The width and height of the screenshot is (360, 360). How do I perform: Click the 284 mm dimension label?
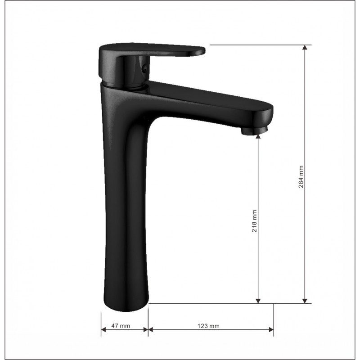[x=301, y=176]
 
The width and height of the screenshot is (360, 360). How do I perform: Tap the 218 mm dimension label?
[x=254, y=221]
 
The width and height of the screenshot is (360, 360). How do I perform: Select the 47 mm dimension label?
[x=121, y=326]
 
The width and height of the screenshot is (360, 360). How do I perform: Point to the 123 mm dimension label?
[x=208, y=326]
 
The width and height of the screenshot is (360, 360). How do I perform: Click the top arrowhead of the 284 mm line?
[x=305, y=47]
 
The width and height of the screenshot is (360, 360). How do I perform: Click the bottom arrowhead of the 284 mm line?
[x=305, y=301]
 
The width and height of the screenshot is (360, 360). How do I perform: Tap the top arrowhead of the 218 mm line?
[x=258, y=136]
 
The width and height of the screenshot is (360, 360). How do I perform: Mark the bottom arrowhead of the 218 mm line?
[x=258, y=301]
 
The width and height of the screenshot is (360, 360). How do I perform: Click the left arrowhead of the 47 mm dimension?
[x=103, y=330]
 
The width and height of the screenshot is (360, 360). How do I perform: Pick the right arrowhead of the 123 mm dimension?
[x=271, y=330]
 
